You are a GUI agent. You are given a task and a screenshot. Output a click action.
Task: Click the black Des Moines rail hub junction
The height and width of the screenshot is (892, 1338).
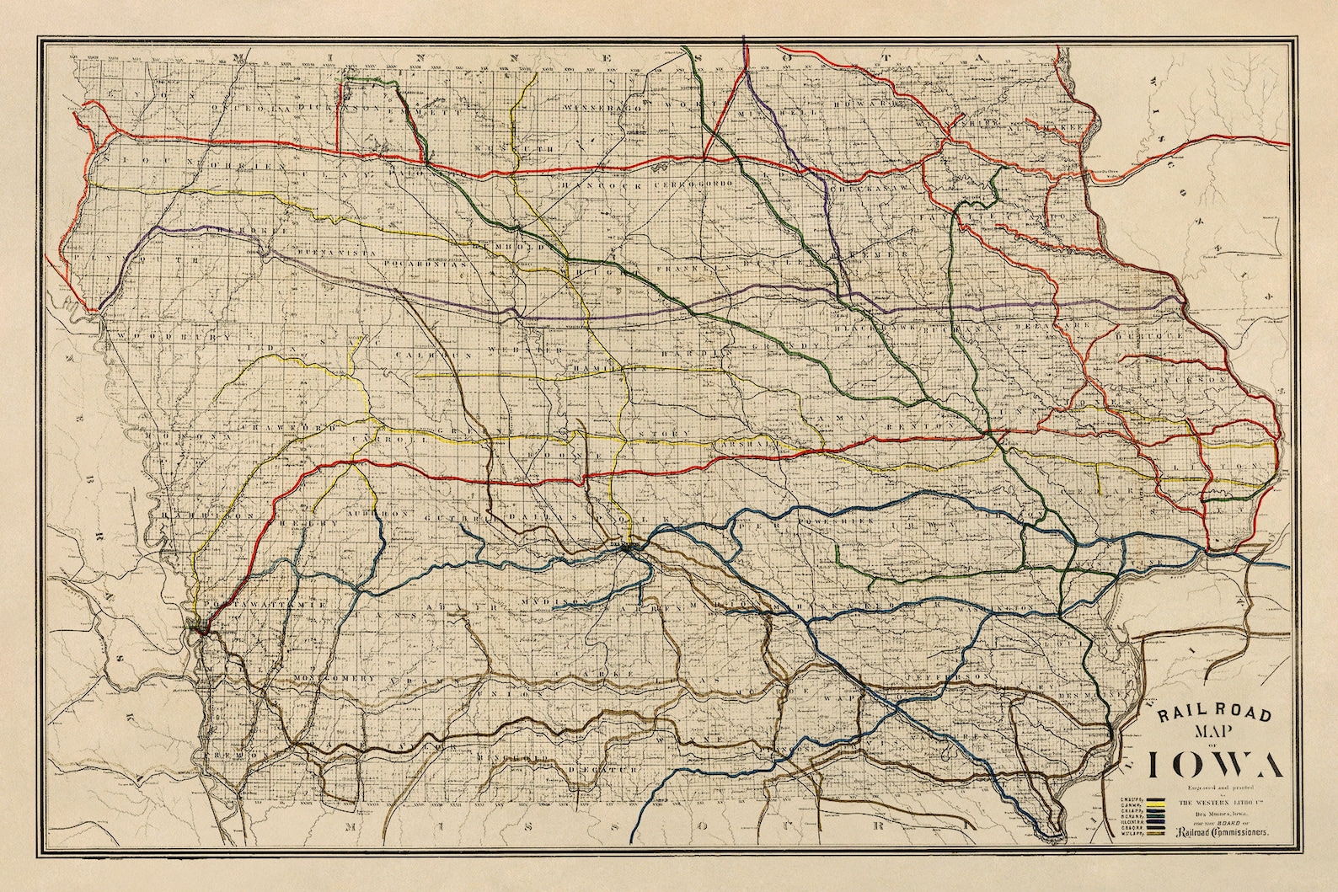coord(630,550)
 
